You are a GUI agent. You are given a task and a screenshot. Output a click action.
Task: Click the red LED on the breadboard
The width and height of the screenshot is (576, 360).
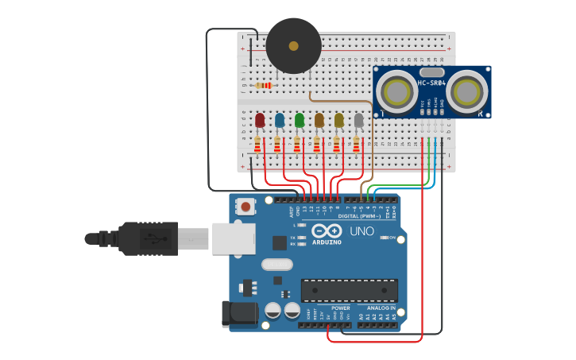tap(260, 120)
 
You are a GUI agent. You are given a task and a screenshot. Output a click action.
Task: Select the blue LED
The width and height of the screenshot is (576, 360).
tap(280, 120)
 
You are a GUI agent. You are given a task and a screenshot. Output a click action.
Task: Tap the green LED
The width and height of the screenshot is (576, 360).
tap(300, 120)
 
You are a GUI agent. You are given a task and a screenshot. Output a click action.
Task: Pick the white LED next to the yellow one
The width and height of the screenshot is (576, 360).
tap(359, 120)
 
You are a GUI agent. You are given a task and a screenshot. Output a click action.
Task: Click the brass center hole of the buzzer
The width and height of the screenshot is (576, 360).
tap(293, 46)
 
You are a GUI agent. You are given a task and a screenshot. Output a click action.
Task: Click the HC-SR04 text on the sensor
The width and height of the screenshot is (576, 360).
tap(432, 83)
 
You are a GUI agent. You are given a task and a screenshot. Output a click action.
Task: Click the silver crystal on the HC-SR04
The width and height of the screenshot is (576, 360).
tap(431, 72)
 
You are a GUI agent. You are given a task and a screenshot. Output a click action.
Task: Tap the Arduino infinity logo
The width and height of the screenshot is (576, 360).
tap(328, 230)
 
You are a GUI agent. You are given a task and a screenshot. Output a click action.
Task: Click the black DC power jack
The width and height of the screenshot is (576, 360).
tap(240, 313)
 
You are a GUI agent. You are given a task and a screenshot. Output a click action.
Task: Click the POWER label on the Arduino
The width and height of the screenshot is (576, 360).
tap(340, 308)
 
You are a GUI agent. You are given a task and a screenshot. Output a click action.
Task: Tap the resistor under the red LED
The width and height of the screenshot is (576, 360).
tap(257, 145)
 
